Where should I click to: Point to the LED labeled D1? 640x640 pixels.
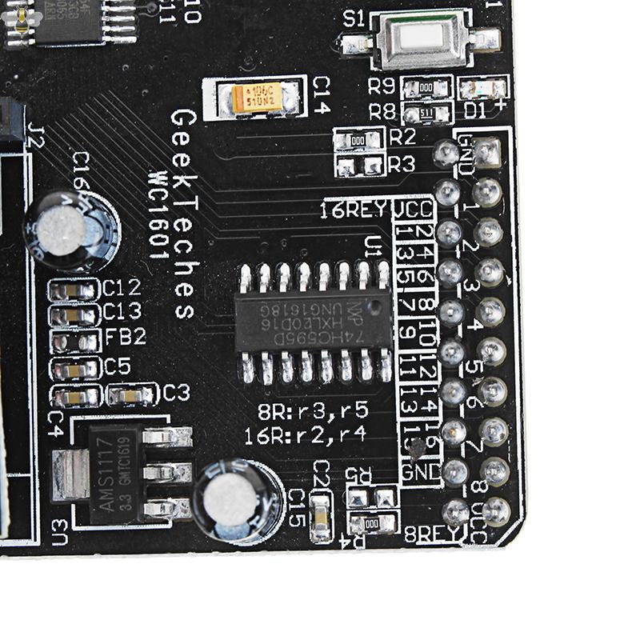pos(483,86)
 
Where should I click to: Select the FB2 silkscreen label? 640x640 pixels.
pos(126,337)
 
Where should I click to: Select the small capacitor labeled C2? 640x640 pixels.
pos(322,516)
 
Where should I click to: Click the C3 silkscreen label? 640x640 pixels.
pos(176,393)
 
